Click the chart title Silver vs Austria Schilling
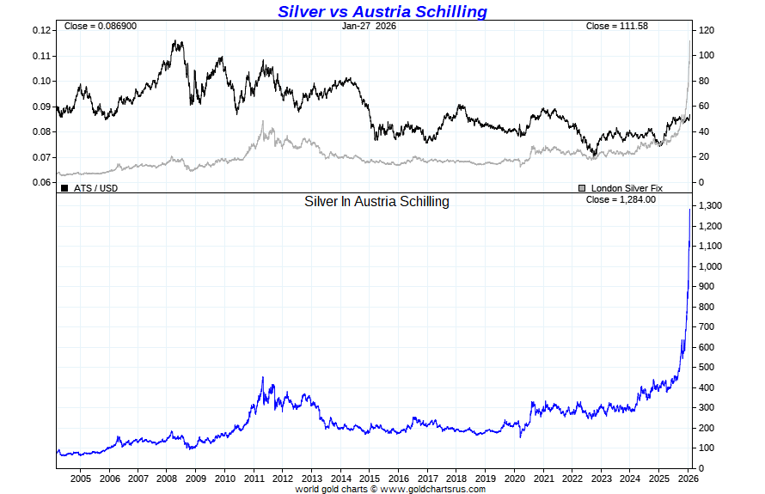(382, 11)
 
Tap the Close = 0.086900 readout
(100, 27)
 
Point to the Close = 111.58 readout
(616, 27)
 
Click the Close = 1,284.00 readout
(621, 199)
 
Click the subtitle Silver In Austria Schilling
(376, 202)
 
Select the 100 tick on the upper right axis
(707, 56)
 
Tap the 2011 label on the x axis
(254, 479)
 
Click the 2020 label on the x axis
(514, 479)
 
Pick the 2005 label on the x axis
(80, 479)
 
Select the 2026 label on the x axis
(688, 479)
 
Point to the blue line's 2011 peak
(262, 377)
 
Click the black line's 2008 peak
(175, 40)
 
